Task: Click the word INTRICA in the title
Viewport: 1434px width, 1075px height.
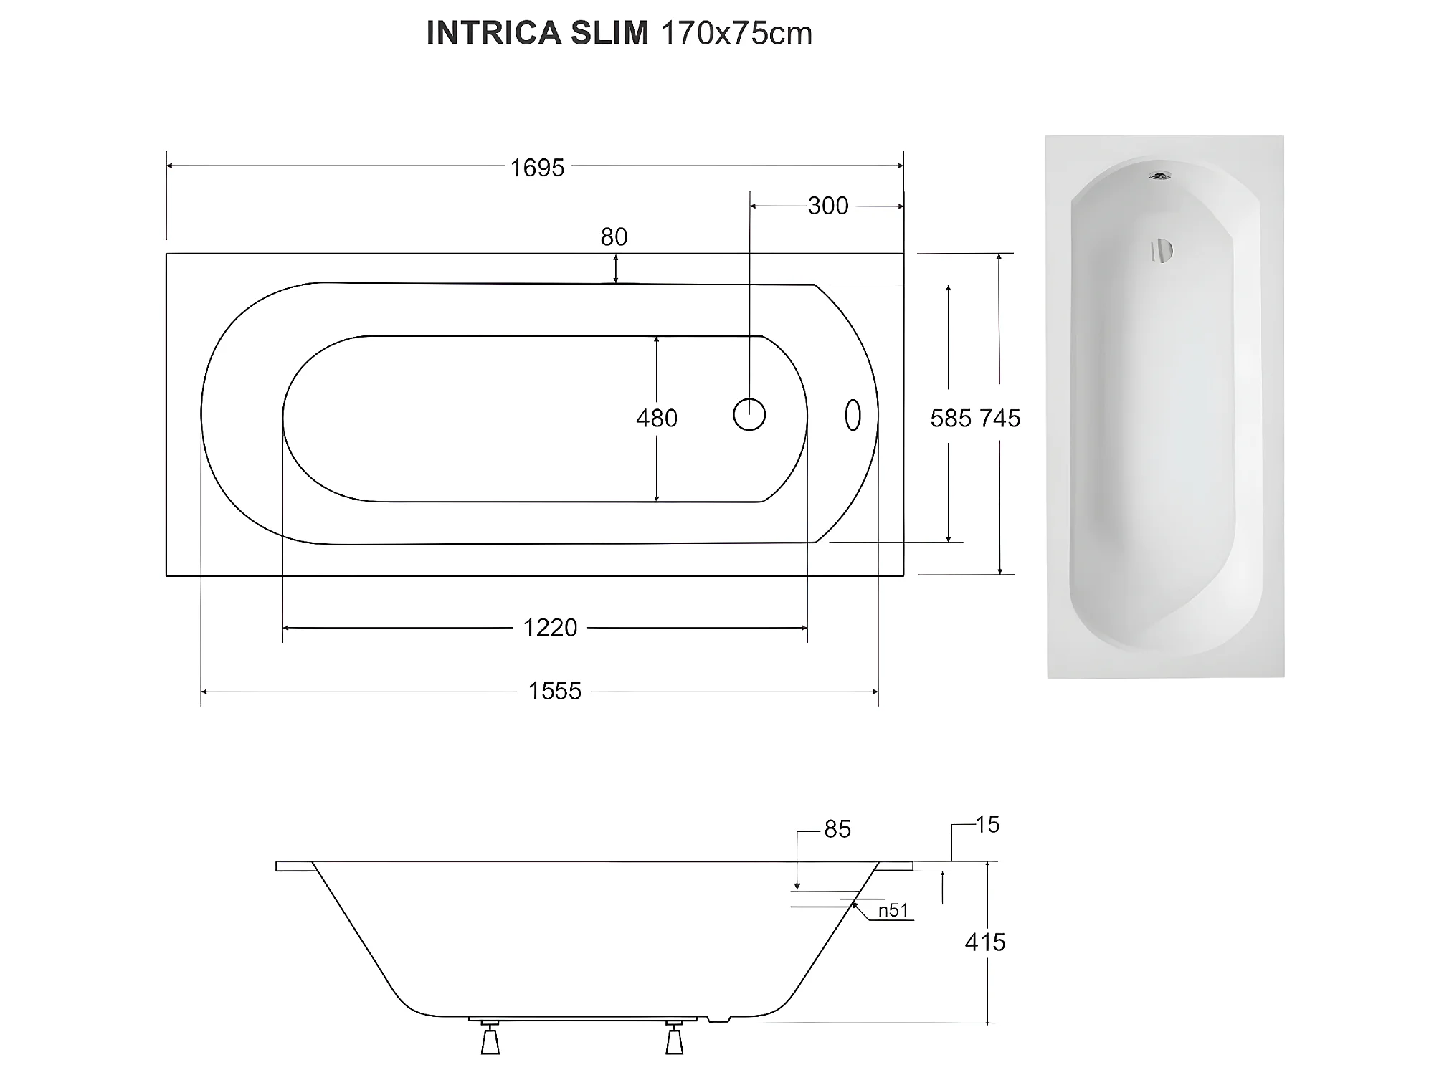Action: pos(493,33)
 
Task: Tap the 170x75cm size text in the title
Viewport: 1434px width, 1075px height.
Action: pos(736,33)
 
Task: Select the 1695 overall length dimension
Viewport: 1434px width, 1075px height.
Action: pos(537,168)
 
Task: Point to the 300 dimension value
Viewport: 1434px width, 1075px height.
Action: pos(827,206)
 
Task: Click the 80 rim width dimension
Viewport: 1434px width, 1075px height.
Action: pos(614,236)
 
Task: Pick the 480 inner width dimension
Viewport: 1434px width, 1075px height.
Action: pos(657,418)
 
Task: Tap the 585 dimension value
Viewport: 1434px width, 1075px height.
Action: pos(951,419)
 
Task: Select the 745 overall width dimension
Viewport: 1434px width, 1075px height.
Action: pos(999,419)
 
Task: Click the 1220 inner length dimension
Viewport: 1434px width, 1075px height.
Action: pos(550,628)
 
